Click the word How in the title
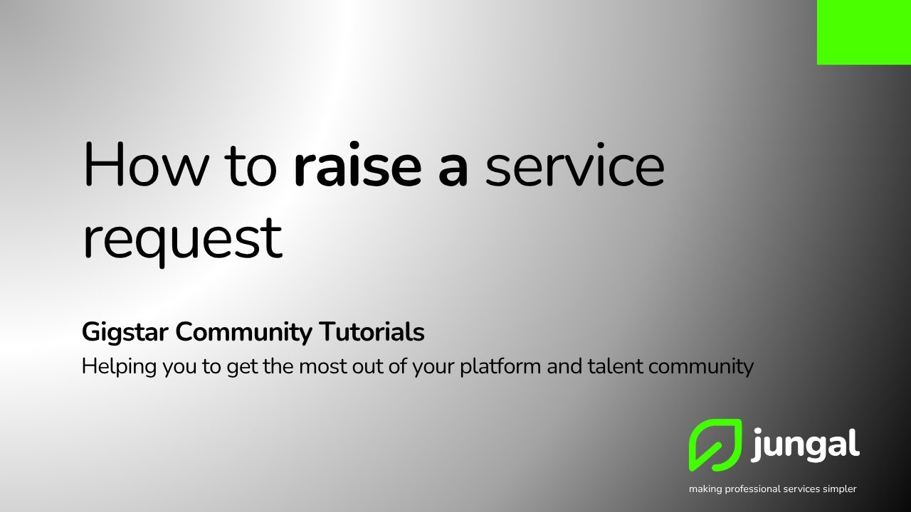(146, 166)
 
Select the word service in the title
(574, 166)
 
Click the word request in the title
(182, 238)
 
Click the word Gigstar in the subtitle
(125, 332)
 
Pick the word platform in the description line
(495, 367)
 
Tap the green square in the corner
(864, 32)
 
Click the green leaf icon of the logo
(715, 445)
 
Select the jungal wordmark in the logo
(805, 445)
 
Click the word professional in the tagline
(754, 489)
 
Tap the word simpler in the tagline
(841, 489)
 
